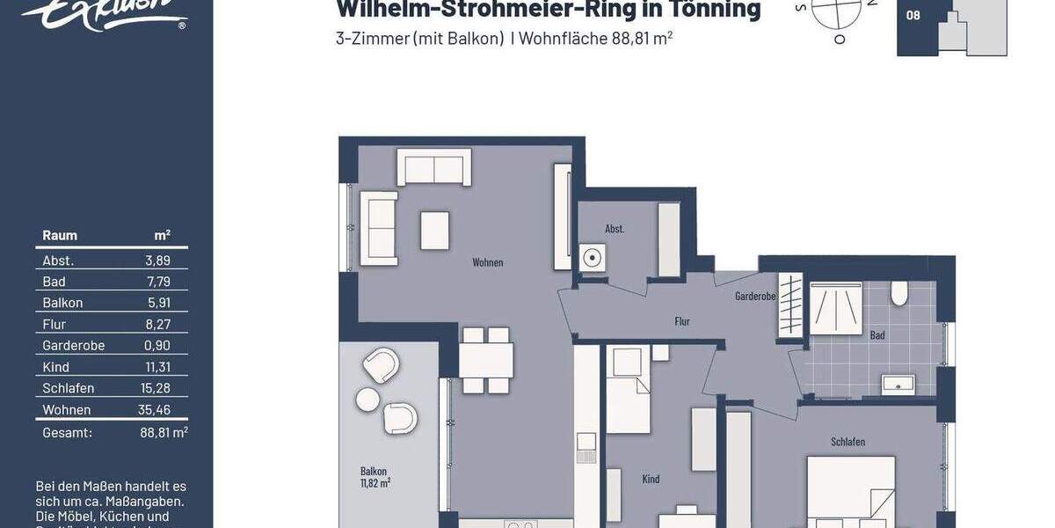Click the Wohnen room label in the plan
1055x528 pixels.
point(487,262)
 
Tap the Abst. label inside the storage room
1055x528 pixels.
point(615,229)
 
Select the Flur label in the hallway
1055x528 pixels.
point(682,321)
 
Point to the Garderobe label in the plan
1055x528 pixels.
point(755,297)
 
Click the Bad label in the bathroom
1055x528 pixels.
point(877,335)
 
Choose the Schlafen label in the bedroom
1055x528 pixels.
point(848,442)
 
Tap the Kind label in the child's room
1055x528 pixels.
point(651,480)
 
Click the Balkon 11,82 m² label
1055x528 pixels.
point(375,476)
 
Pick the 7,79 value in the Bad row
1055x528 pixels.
point(158,282)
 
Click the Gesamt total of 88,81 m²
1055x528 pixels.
point(164,432)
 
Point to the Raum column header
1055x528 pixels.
point(60,235)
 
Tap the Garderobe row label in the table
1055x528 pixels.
point(74,346)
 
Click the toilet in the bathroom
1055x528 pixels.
point(899,293)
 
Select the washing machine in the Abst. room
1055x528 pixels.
point(593,259)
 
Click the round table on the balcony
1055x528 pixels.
point(368,400)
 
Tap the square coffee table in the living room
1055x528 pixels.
point(434,231)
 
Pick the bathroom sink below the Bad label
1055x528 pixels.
point(899,385)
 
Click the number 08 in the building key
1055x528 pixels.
point(913,15)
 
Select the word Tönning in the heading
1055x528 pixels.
point(717,10)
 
